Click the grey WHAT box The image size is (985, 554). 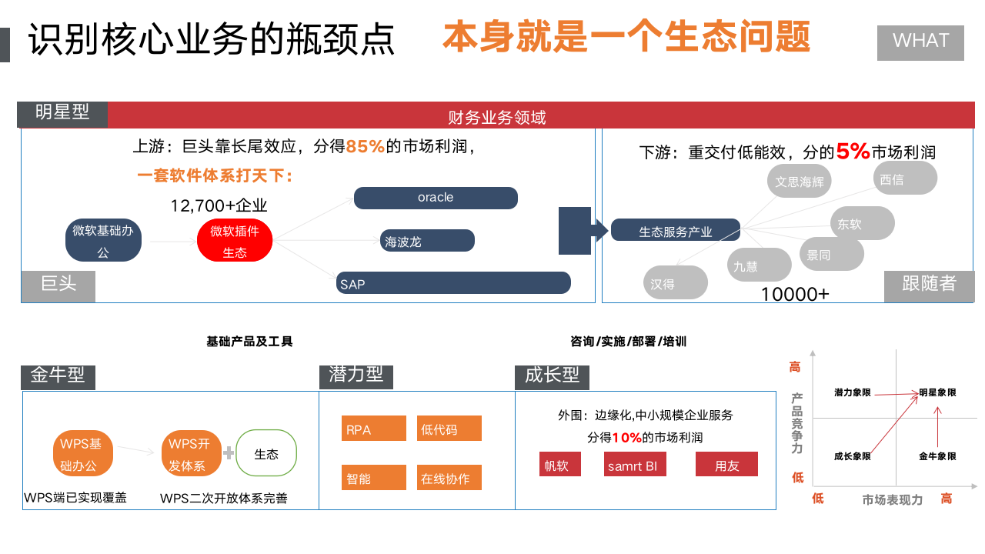(x=920, y=42)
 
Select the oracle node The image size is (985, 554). (x=436, y=198)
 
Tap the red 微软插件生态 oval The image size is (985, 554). (x=235, y=241)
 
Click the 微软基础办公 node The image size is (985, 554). (x=103, y=241)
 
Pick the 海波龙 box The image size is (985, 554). (x=427, y=241)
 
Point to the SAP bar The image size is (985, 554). (x=453, y=283)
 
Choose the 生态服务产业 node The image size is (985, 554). (x=676, y=230)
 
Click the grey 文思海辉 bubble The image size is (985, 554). (x=800, y=182)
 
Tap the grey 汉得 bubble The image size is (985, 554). (x=675, y=283)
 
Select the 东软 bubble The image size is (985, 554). (x=863, y=223)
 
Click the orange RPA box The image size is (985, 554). (x=374, y=429)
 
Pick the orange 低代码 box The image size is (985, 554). (x=449, y=429)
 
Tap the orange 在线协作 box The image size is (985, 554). (x=449, y=478)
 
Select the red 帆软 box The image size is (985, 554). (x=560, y=465)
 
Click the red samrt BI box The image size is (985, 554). (x=636, y=465)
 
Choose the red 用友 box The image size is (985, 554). (x=726, y=465)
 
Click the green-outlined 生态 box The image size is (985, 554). (x=266, y=453)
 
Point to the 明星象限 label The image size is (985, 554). (x=937, y=392)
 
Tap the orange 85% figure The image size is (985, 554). (x=365, y=146)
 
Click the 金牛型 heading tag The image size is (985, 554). (x=58, y=376)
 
